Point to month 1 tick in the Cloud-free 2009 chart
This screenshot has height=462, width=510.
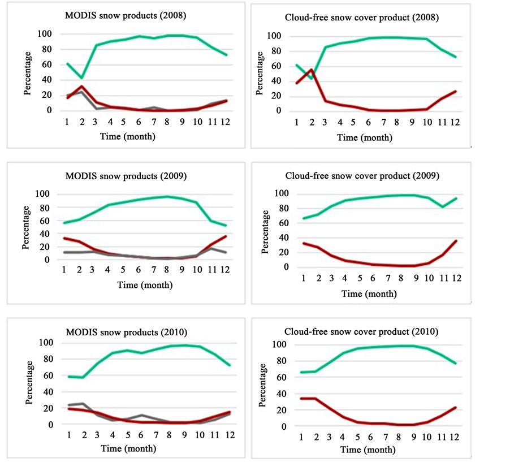click(304, 278)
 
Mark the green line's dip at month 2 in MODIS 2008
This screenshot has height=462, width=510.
click(83, 77)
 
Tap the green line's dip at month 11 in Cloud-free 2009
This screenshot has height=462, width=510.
click(442, 206)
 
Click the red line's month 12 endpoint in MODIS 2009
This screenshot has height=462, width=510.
click(226, 236)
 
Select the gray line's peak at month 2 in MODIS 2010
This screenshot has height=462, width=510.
click(83, 403)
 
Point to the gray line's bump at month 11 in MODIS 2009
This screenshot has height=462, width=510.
click(211, 248)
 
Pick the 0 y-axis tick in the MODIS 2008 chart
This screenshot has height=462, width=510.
click(50, 110)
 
